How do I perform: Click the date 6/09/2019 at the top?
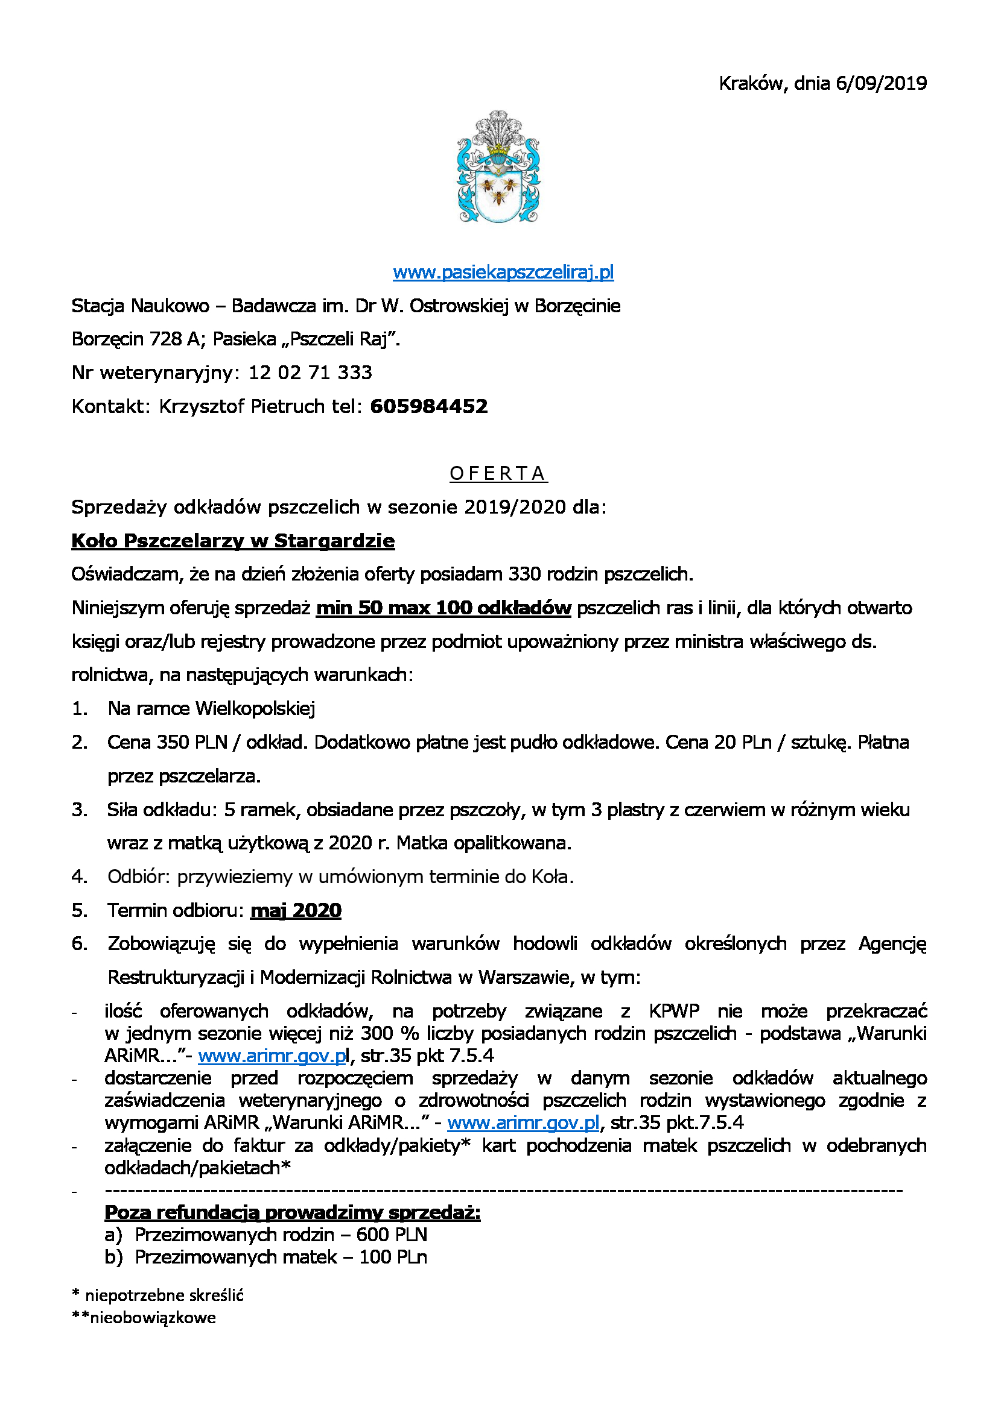(881, 83)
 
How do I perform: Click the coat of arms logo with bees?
(498, 167)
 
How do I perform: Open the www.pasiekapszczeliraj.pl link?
(503, 272)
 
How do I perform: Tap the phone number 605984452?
(429, 406)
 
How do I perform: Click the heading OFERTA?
(498, 473)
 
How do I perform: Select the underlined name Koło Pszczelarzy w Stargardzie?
(233, 540)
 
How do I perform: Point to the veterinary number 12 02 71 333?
(310, 373)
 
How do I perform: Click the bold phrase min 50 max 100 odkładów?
(443, 608)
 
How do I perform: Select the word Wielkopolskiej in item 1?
(255, 709)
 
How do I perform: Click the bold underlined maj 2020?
(296, 910)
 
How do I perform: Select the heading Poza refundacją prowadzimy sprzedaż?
(293, 1212)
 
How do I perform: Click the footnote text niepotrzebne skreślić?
(164, 1295)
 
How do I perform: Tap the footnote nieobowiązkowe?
(153, 1317)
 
